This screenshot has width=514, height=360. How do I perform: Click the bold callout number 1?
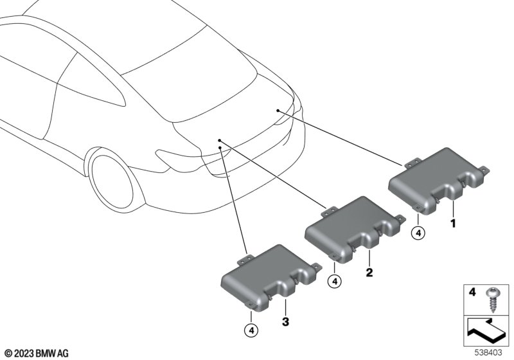click(x=453, y=224)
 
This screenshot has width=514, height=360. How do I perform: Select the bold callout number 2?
click(x=369, y=272)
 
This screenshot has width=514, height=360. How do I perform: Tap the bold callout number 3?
click(x=285, y=321)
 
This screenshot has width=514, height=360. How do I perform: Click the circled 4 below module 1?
click(x=418, y=233)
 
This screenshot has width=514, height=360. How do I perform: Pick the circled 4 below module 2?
click(x=334, y=282)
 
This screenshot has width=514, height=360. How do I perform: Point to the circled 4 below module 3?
click(x=251, y=331)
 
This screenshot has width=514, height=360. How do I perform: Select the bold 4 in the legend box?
click(x=472, y=291)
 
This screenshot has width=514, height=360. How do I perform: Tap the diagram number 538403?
click(x=488, y=353)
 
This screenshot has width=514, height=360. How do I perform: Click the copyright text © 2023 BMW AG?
click(x=37, y=354)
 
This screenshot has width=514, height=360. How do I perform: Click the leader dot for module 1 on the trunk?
click(x=278, y=111)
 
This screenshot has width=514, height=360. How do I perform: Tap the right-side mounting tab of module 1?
click(x=484, y=170)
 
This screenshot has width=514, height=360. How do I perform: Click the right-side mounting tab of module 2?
click(x=400, y=219)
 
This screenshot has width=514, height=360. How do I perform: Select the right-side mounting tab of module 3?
click(x=317, y=267)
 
